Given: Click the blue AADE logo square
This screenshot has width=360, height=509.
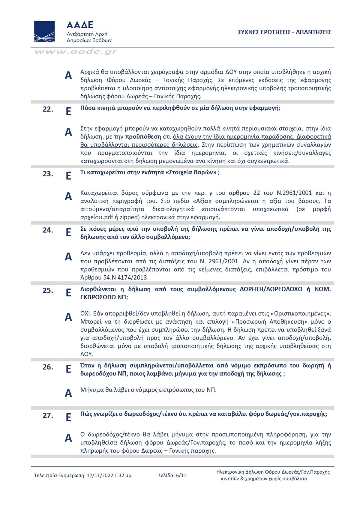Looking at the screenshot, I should pos(44,31).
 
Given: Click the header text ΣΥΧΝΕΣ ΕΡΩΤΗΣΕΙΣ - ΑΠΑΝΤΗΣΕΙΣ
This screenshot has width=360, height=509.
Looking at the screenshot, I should pos(284,32).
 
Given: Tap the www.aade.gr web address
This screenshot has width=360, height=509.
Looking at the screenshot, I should pos(76,52).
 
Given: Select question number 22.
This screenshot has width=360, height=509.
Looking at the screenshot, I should pos(48,109).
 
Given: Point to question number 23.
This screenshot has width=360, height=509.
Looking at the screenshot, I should pos(48,174).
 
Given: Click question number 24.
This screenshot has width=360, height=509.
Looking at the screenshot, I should pos(48,230).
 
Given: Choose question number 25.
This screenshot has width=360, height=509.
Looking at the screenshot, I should pos(48,290).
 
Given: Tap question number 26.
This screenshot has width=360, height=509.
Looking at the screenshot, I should pos(48,367).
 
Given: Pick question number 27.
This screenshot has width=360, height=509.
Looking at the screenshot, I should pos(48,415).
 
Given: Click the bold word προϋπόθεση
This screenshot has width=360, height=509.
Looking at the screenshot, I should pos(143,137).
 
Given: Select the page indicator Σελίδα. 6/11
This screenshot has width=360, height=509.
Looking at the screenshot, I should pos(172,475).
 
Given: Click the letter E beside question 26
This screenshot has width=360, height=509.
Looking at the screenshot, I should pos(68,369).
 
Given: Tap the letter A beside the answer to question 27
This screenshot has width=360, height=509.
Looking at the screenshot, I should pos(68,438).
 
